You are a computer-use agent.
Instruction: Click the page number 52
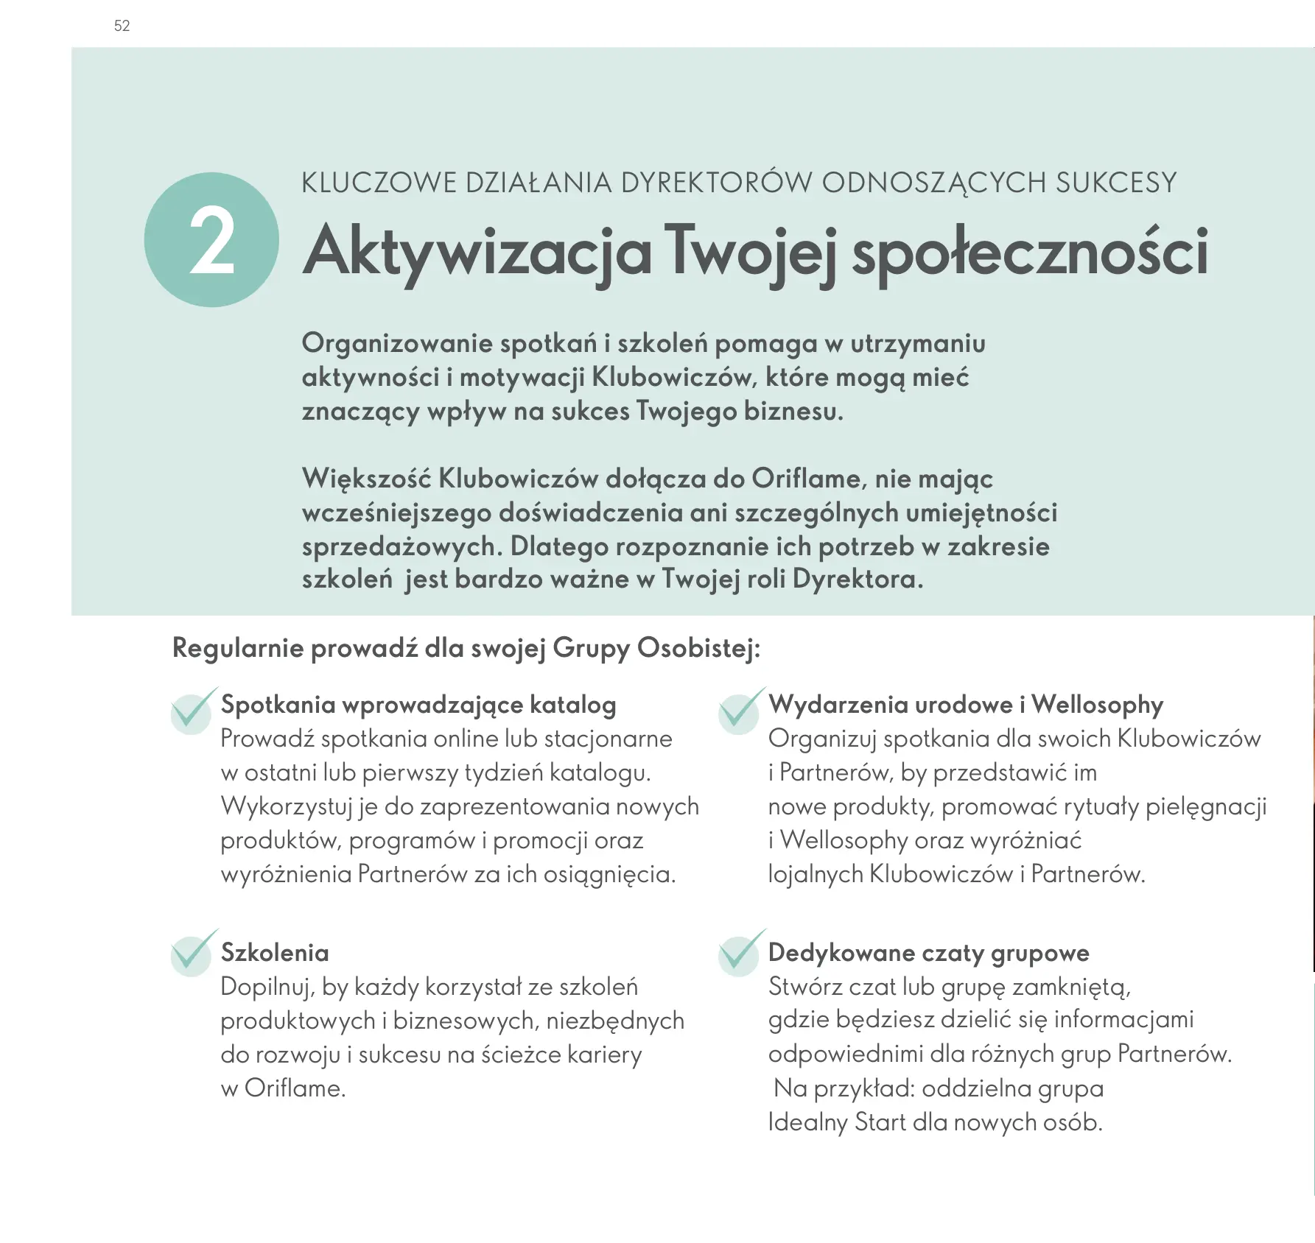point(122,26)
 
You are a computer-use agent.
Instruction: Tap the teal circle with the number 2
point(211,240)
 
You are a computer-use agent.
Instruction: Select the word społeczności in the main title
point(1030,252)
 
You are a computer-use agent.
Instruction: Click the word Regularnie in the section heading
point(237,648)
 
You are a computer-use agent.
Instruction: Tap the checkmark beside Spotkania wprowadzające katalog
point(192,711)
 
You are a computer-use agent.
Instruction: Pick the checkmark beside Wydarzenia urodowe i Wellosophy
point(740,711)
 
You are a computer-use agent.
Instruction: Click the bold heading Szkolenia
point(275,953)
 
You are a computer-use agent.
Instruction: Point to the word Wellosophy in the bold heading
point(1097,705)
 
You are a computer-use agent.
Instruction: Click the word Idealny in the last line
point(807,1122)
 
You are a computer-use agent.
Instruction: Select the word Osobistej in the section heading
point(698,648)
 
